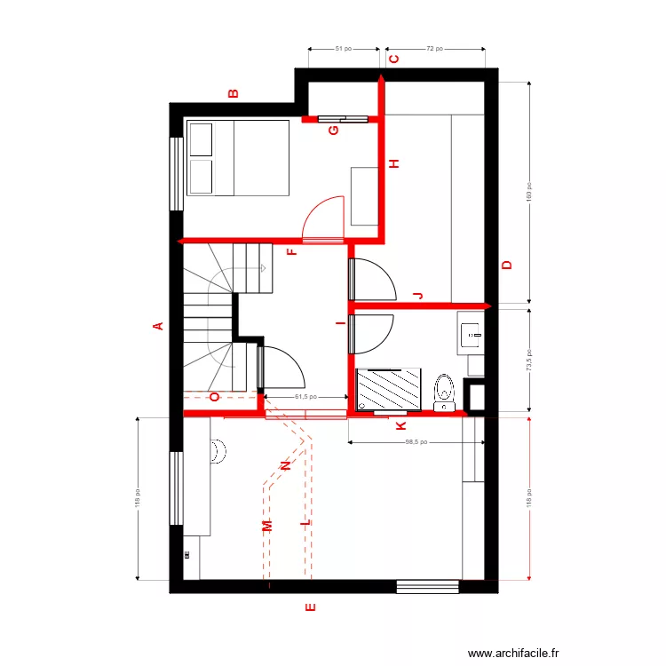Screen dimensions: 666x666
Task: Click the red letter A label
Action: coord(159,326)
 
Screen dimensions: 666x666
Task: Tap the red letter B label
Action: coord(234,92)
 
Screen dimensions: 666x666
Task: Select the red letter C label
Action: coord(393,59)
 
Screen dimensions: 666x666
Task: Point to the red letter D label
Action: coord(507,265)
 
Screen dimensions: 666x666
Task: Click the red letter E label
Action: coord(310,608)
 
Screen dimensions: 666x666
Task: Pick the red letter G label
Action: coord(334,131)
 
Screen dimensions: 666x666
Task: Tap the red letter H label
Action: coord(395,163)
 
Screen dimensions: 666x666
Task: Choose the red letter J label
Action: coord(418,295)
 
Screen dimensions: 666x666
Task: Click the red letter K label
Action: coord(399,425)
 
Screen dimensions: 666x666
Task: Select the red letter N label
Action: coord(285,465)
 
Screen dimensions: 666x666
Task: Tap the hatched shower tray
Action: coord(391,390)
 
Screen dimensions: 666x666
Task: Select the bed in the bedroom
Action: coord(238,157)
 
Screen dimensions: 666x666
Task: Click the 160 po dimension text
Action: coord(527,193)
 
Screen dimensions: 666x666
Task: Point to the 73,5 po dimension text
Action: coord(527,359)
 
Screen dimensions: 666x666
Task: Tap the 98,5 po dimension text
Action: coord(416,441)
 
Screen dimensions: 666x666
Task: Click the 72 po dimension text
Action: coord(434,50)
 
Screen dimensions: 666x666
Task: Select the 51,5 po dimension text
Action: coord(306,398)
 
